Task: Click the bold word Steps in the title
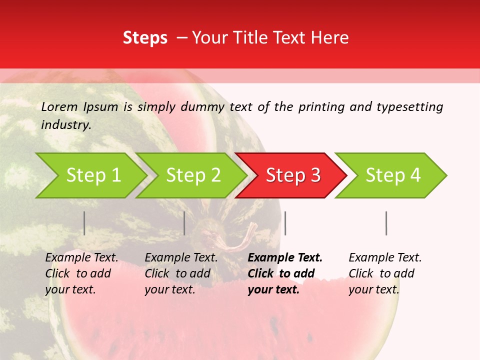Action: coord(145,38)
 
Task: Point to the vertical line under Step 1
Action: coord(84,223)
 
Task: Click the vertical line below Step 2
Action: coord(184,223)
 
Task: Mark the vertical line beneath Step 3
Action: coord(285,223)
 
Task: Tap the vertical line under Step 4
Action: coord(386,223)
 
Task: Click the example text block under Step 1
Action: coord(81,273)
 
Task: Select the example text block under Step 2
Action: coord(181,273)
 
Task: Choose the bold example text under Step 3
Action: coord(285,273)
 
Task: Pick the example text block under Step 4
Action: coord(385,273)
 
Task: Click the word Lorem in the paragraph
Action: coord(59,107)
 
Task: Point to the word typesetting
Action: coord(409,107)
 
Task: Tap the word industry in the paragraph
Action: coord(66,125)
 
